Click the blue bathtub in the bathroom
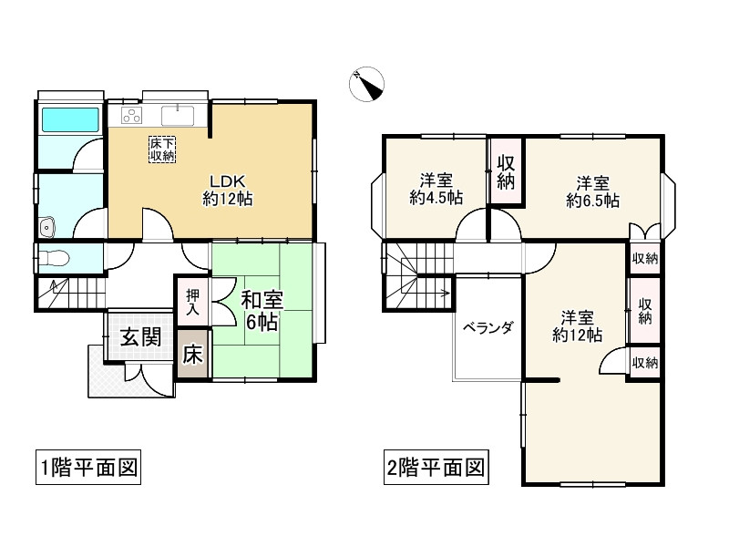click(x=71, y=119)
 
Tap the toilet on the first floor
click(x=54, y=257)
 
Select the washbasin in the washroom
click(x=46, y=227)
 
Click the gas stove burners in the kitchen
click(x=131, y=116)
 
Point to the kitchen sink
click(x=178, y=116)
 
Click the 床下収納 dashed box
click(x=162, y=150)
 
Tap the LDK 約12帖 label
click(x=227, y=190)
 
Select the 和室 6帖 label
click(x=262, y=310)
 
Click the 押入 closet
click(x=193, y=302)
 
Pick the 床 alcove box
click(x=193, y=355)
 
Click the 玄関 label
click(x=141, y=336)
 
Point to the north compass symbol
click(x=367, y=84)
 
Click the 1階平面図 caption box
click(x=88, y=467)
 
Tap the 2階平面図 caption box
click(x=436, y=467)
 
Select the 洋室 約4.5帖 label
click(x=436, y=189)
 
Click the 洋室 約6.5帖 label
click(x=593, y=191)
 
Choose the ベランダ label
click(x=488, y=328)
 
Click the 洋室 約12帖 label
click(x=577, y=326)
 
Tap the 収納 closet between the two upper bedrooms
click(x=506, y=171)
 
